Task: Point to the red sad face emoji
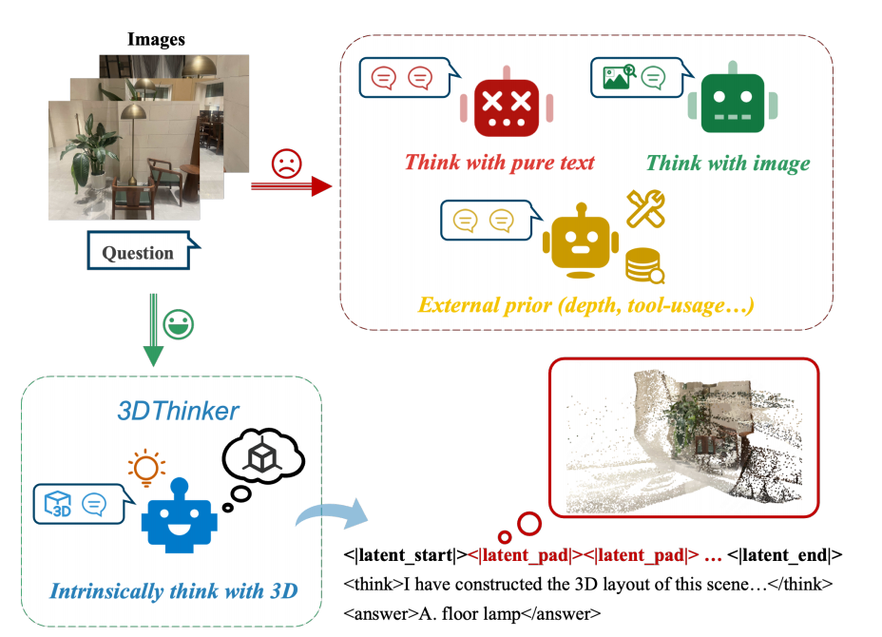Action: click(x=285, y=163)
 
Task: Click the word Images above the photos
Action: click(x=157, y=40)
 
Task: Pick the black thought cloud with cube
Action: click(x=261, y=461)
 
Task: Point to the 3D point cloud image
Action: click(x=683, y=438)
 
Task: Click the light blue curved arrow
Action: click(x=328, y=514)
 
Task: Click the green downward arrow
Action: click(x=152, y=333)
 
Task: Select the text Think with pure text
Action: click(x=500, y=163)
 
